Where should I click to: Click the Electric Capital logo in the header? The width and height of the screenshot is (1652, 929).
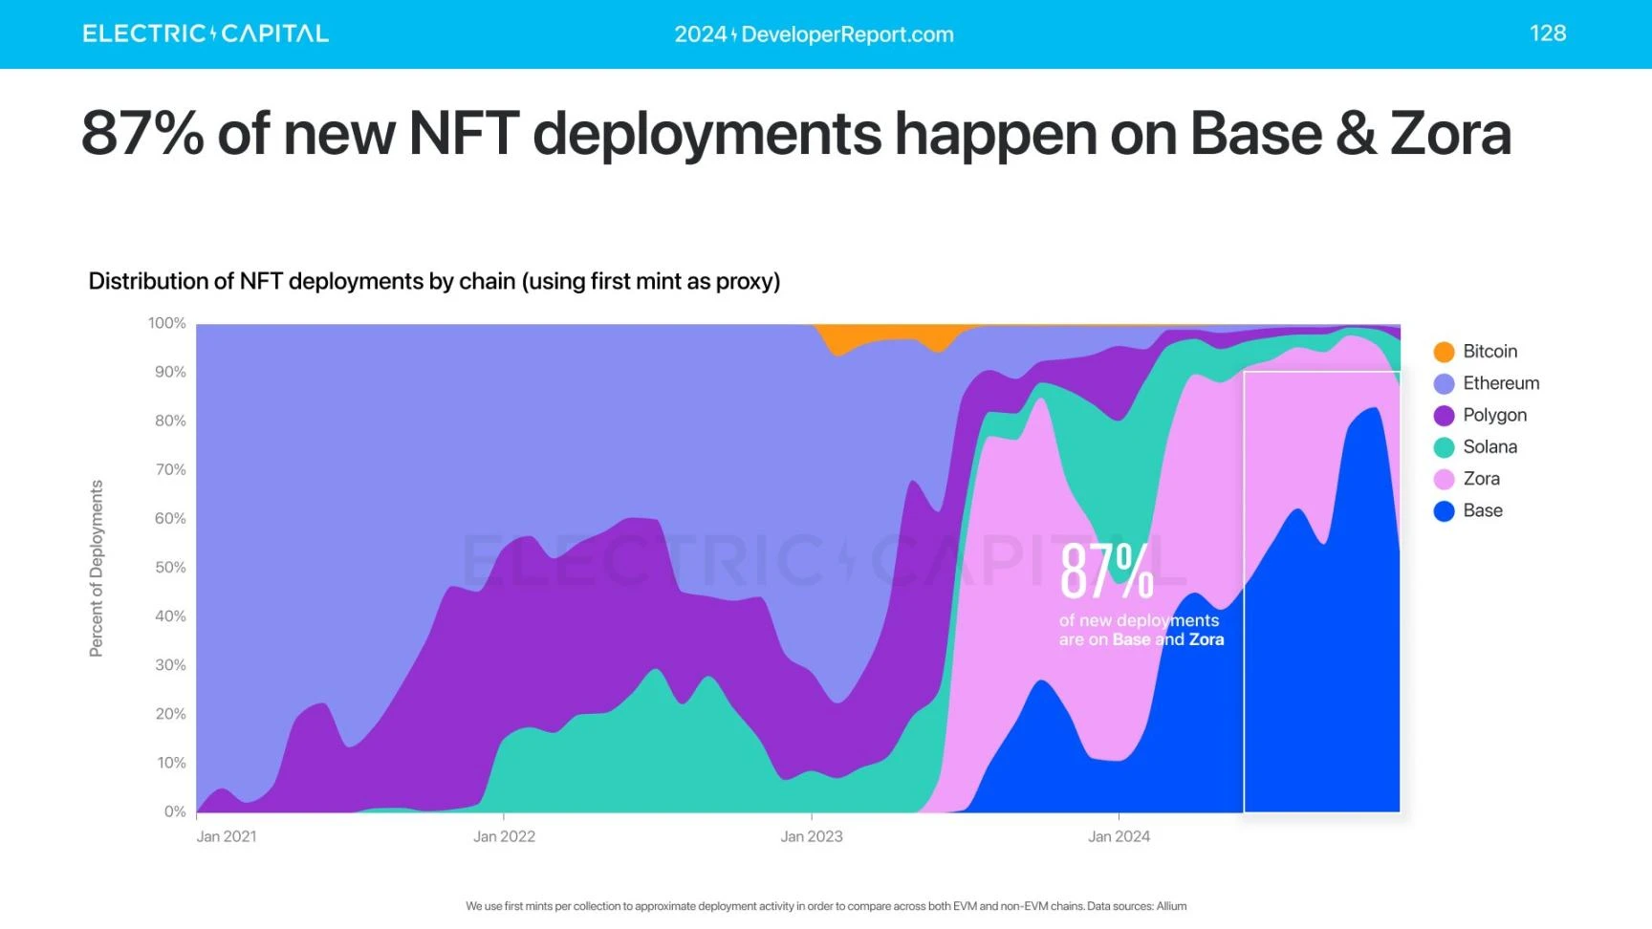click(206, 33)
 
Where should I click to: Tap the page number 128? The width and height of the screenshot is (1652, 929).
click(1547, 33)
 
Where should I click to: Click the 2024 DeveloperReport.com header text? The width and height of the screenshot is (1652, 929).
click(814, 34)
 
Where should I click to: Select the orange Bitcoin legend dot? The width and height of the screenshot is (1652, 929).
click(1444, 352)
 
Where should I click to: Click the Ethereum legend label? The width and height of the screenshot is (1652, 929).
click(1500, 383)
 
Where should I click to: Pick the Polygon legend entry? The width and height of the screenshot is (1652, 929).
click(1494, 415)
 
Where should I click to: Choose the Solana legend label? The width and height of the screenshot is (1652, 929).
click(1489, 447)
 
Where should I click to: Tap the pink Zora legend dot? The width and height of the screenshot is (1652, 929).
click(1444, 479)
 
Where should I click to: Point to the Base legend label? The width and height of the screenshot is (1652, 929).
click(1482, 510)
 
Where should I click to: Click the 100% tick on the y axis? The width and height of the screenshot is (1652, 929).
click(167, 323)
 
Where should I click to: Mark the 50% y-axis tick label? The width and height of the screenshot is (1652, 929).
click(170, 567)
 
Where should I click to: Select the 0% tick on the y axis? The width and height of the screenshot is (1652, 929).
click(175, 811)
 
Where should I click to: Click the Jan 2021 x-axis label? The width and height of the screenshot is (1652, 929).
click(227, 836)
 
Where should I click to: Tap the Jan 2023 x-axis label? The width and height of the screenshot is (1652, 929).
click(812, 836)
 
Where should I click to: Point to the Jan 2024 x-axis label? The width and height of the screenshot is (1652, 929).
click(1119, 836)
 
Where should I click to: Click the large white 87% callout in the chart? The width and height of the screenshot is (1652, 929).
click(1106, 572)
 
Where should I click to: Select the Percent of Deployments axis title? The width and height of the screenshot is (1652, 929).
click(96, 568)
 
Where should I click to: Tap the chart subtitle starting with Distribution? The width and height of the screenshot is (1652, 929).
click(434, 281)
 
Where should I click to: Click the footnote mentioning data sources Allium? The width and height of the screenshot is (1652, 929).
click(826, 906)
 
